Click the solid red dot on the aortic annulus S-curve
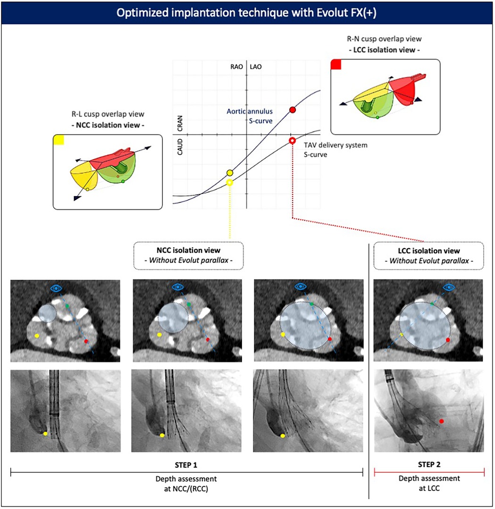point(292,110)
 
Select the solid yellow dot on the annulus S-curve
point(230,173)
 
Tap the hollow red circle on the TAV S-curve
point(292,141)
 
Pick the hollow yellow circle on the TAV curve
point(230,182)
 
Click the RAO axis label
point(236,67)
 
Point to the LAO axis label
point(255,67)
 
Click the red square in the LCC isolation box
point(336,65)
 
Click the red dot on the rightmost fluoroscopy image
point(441,421)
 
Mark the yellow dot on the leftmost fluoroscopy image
point(45,433)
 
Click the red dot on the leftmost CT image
point(86,341)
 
